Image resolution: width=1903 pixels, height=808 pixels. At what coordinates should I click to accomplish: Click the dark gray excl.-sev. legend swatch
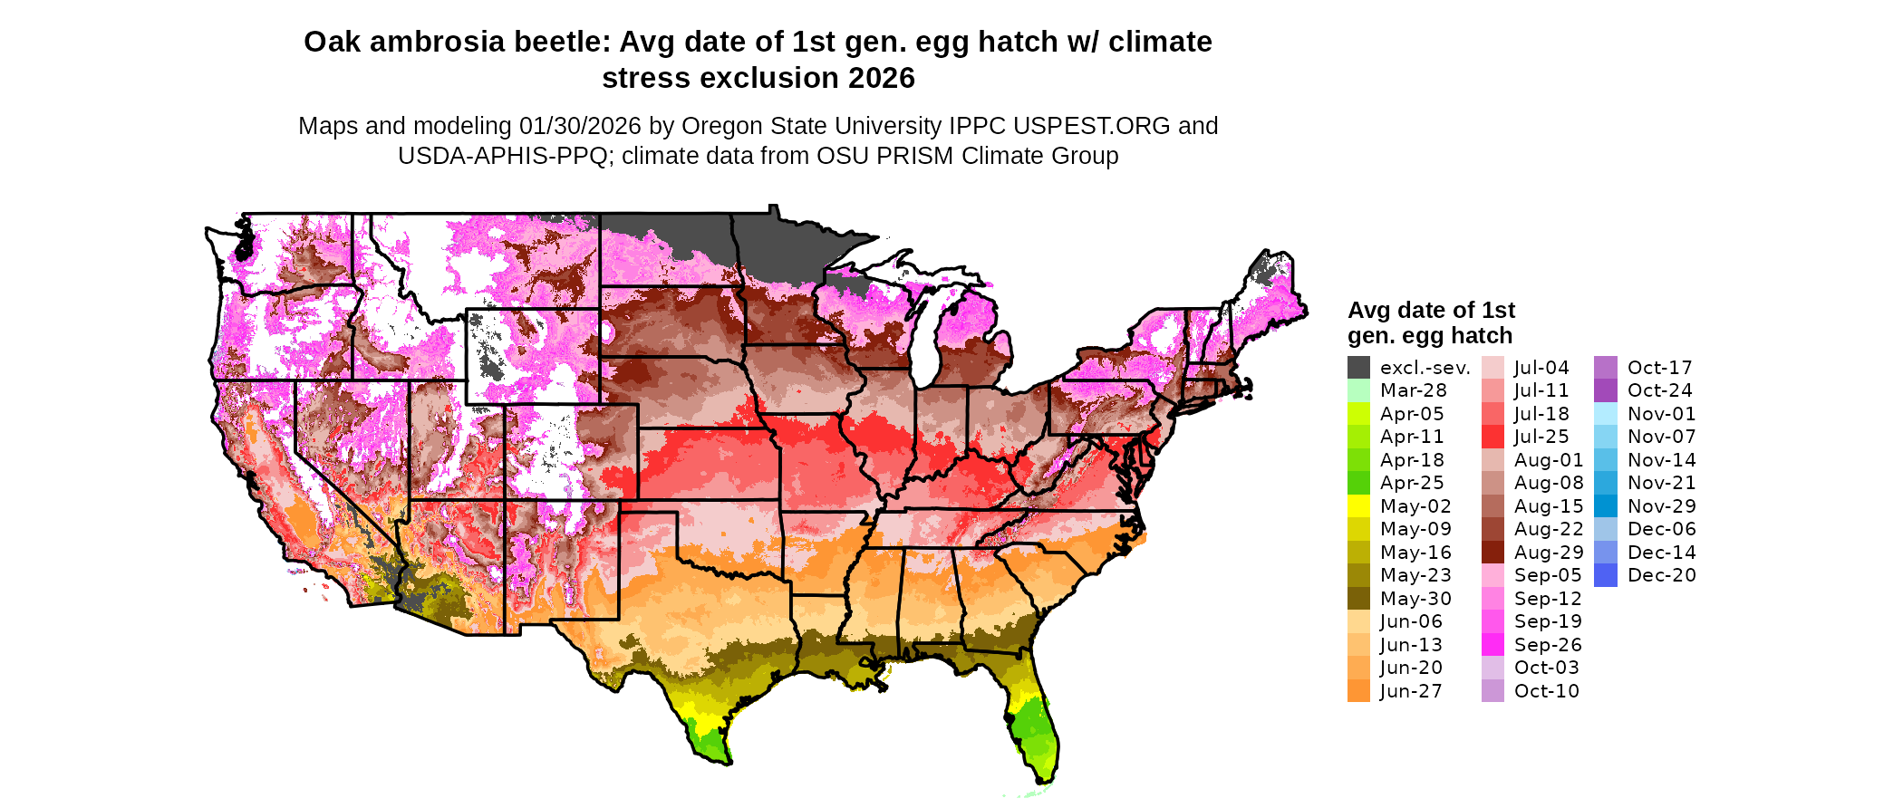click(x=1358, y=368)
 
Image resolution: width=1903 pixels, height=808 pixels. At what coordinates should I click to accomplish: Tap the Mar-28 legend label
click(x=1413, y=390)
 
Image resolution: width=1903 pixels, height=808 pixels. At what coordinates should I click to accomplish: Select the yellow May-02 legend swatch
click(x=1358, y=506)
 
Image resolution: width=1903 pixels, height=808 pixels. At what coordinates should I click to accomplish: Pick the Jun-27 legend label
click(x=1411, y=691)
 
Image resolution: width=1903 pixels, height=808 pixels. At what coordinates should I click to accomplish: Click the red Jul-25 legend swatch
click(x=1492, y=437)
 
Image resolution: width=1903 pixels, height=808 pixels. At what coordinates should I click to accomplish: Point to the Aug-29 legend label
click(x=1549, y=553)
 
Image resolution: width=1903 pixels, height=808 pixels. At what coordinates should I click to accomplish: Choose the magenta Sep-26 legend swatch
click(x=1492, y=645)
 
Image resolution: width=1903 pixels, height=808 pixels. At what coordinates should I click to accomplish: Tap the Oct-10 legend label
click(x=1546, y=691)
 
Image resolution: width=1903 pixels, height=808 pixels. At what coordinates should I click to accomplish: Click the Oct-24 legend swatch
click(x=1605, y=390)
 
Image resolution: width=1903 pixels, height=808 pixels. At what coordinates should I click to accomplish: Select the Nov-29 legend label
click(x=1661, y=506)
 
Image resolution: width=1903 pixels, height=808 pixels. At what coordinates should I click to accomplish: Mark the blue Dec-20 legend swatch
click(x=1605, y=575)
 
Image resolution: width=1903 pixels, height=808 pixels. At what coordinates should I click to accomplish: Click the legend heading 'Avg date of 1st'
click(x=1431, y=311)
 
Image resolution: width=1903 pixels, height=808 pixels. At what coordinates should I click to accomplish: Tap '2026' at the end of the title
click(x=881, y=79)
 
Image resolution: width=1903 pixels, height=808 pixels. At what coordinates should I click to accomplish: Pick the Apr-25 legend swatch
click(x=1358, y=483)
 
